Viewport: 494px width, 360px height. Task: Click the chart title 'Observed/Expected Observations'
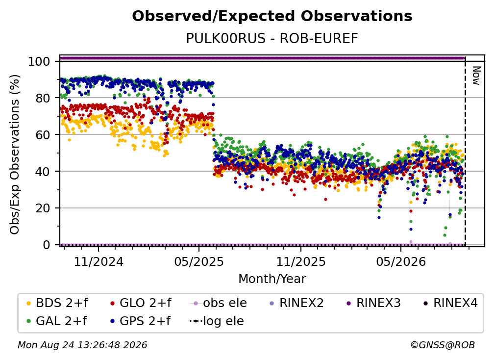pyautogui.click(x=272, y=16)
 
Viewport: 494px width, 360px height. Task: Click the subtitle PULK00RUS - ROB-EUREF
pyautogui.click(x=272, y=38)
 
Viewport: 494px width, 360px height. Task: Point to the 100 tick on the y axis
pyautogui.click(x=39, y=61)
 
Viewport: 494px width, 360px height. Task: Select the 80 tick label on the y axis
pyautogui.click(x=43, y=98)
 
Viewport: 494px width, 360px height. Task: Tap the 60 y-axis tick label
pyautogui.click(x=43, y=135)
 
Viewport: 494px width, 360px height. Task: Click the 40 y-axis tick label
pyautogui.click(x=43, y=172)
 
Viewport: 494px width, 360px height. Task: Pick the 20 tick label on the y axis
pyautogui.click(x=43, y=208)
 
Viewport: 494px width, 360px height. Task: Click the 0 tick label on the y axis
pyautogui.click(x=47, y=245)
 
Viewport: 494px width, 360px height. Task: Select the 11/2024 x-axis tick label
pyautogui.click(x=99, y=261)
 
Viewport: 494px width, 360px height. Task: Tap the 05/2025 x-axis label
pyautogui.click(x=199, y=261)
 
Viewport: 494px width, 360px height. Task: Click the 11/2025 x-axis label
pyautogui.click(x=301, y=261)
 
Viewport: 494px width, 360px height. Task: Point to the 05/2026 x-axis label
pyautogui.click(x=401, y=261)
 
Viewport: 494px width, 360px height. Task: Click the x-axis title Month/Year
pyautogui.click(x=272, y=279)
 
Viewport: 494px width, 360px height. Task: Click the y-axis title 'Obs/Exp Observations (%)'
pyautogui.click(x=15, y=154)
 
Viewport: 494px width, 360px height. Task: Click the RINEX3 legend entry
pyautogui.click(x=373, y=303)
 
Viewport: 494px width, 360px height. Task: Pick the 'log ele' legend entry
pyautogui.click(x=217, y=321)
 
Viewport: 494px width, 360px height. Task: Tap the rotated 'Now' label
pyautogui.click(x=476, y=76)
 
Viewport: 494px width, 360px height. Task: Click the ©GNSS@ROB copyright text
pyautogui.click(x=443, y=345)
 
